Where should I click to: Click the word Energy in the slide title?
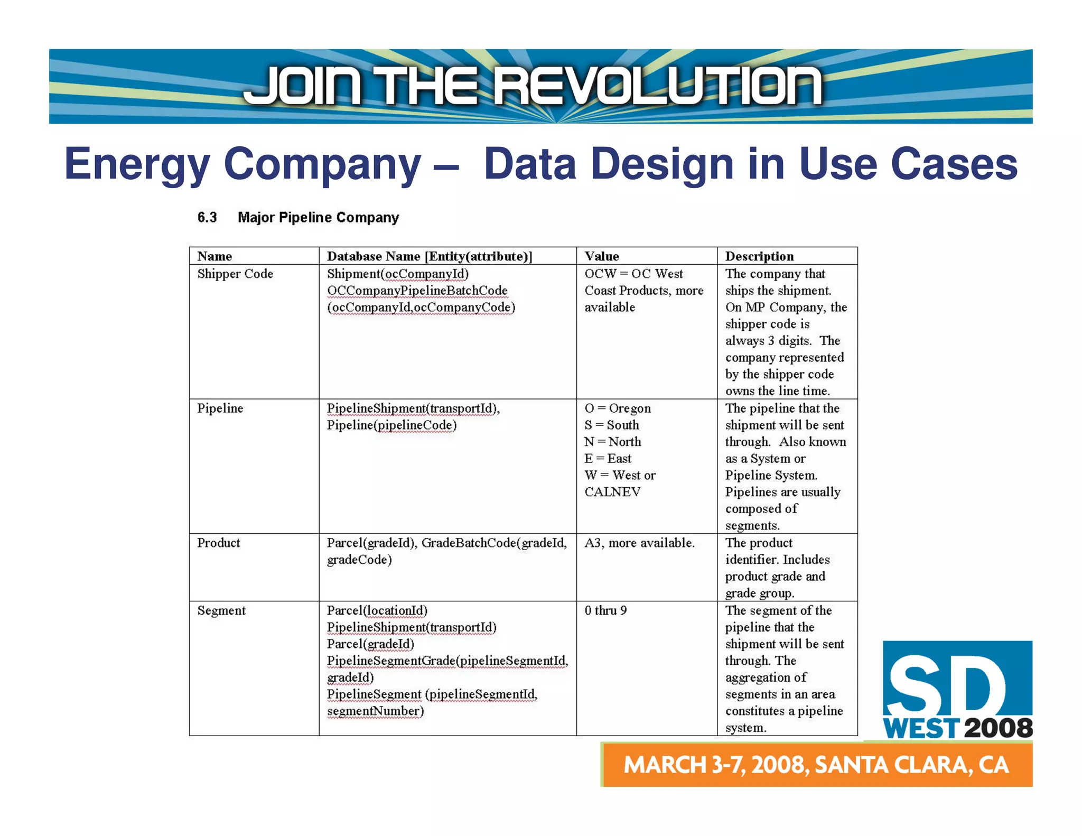point(137,164)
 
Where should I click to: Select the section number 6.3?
point(207,218)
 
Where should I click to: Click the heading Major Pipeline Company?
point(318,218)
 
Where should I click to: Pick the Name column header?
point(214,256)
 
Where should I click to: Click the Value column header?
point(601,256)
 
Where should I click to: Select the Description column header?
point(759,256)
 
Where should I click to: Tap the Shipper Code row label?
point(235,274)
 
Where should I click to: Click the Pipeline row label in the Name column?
point(220,408)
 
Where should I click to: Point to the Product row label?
point(218,543)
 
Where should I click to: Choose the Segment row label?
point(221,611)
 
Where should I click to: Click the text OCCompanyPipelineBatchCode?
point(417,291)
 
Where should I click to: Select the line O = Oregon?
point(617,408)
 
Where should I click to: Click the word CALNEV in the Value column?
point(612,492)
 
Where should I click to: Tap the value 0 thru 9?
point(605,611)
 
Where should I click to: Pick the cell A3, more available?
point(639,543)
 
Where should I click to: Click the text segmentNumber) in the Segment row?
point(375,711)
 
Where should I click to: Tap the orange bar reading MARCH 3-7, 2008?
point(816,765)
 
